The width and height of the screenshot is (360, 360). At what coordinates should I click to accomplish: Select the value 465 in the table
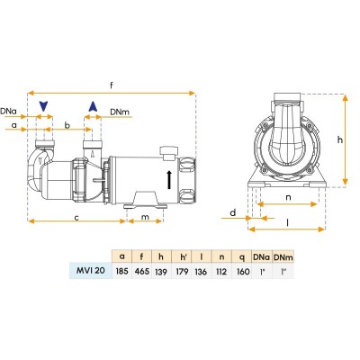(x=141, y=270)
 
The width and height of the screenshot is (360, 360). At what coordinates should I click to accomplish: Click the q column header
(x=241, y=255)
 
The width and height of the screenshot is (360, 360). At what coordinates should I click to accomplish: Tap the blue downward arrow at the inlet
(x=41, y=107)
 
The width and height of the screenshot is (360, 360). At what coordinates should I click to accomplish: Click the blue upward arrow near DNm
(x=91, y=107)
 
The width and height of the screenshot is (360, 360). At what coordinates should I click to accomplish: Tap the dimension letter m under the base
(x=145, y=216)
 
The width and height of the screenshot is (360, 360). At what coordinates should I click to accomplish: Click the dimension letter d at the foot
(x=231, y=212)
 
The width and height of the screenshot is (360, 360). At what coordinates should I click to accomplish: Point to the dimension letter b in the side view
(x=67, y=125)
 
